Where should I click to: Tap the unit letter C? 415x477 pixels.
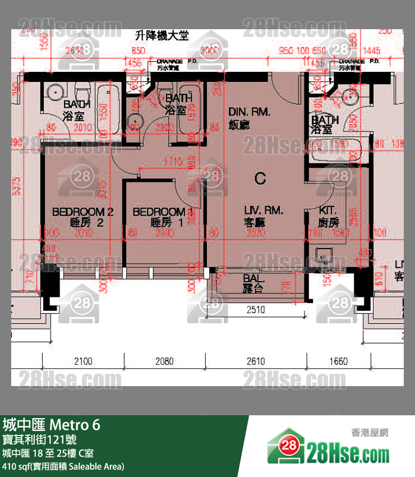[260, 178]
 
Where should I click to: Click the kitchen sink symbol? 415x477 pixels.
[323, 255]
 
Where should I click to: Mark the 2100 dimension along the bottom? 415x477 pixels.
[83, 361]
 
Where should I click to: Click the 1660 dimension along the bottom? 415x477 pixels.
[338, 361]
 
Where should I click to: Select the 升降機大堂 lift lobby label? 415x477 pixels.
[162, 36]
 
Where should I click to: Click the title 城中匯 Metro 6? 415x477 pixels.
[52, 425]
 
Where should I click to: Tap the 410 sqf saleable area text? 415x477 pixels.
[63, 466]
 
